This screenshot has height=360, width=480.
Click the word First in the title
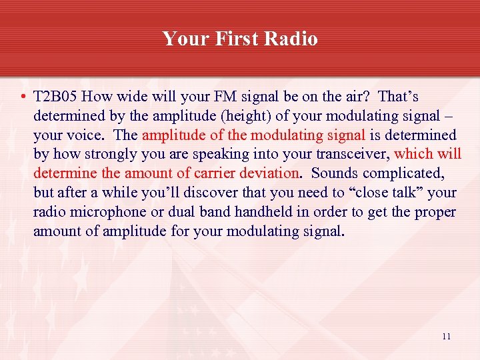click(237, 39)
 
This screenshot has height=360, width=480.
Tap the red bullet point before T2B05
click(23, 97)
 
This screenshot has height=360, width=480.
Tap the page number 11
click(446, 337)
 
